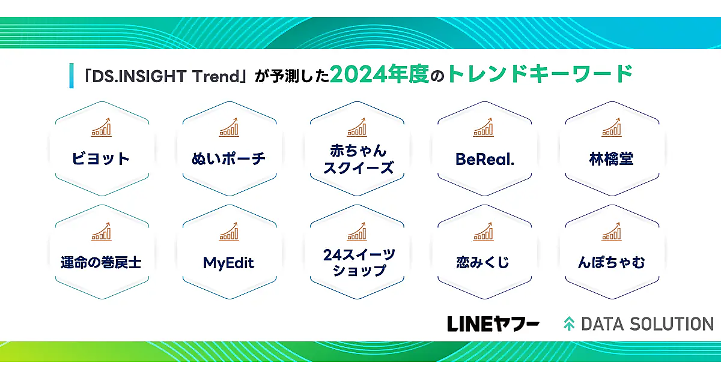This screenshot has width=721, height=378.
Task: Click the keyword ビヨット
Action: pos(101,159)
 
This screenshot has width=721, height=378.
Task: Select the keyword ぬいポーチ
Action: pos(228,159)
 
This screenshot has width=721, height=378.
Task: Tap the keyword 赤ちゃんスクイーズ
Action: pos(358,159)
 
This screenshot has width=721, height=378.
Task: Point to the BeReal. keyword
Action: pos(485,160)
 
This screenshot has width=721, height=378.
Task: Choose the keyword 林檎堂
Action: pos(611,159)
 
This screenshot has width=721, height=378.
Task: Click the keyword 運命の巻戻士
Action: pos(101,263)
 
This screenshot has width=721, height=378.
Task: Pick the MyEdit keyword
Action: pos(228,263)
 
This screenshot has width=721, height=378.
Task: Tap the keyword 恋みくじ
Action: pos(482,263)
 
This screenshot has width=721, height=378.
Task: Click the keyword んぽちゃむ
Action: pos(612,263)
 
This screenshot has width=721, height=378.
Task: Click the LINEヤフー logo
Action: pos(493,324)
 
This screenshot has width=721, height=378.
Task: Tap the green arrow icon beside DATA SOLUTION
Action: pos(569,323)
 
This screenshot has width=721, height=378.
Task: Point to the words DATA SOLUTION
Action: pos(647,324)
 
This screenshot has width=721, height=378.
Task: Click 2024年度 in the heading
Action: pos(380,74)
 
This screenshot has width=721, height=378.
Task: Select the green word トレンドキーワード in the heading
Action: pos(540,74)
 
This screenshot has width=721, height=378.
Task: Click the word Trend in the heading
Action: pos(216,77)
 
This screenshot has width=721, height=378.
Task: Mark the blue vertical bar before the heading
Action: pos(71,76)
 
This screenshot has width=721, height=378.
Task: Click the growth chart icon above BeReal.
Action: pos(483,127)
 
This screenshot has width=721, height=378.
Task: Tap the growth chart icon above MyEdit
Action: pos(229,232)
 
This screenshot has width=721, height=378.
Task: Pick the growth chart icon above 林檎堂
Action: pos(612,127)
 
